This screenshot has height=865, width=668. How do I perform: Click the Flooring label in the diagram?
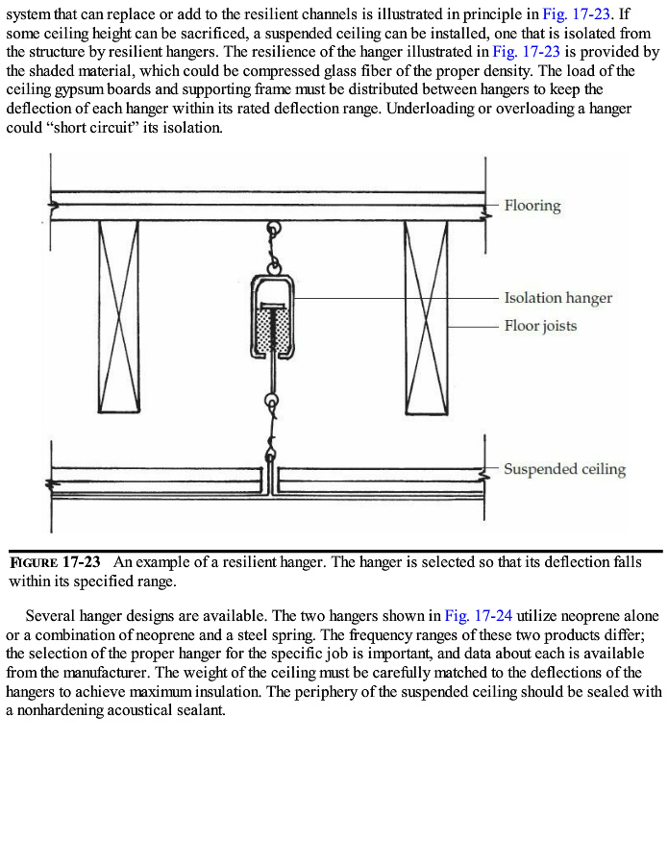pos(532,206)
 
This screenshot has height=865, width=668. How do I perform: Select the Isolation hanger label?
pos(557,298)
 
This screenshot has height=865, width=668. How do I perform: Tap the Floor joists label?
pos(540,326)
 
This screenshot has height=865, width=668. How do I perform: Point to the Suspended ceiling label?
pos(564,469)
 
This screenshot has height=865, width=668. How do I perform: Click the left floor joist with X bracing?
pos(118,317)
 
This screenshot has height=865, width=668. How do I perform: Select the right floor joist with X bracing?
pos(426,317)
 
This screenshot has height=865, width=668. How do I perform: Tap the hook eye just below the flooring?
pos(274,231)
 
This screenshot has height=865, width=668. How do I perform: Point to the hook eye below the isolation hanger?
pos(274,402)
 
